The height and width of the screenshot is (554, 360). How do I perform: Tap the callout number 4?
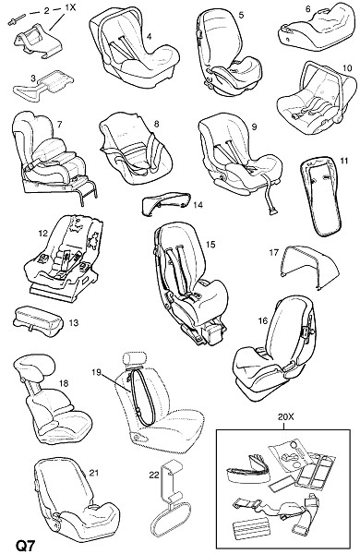tap(149, 36)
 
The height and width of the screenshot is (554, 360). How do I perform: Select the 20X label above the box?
tap(285, 417)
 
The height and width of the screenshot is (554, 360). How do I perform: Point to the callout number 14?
tap(198, 205)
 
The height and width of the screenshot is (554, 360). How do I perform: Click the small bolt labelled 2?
tap(17, 18)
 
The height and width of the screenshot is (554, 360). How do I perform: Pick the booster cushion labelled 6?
tap(316, 29)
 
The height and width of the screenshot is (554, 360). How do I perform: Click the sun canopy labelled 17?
tap(310, 267)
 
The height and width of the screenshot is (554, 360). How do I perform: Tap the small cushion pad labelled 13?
tap(38, 320)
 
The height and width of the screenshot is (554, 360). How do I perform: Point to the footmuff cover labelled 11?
tap(321, 195)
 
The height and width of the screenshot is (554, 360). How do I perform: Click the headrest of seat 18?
tap(34, 366)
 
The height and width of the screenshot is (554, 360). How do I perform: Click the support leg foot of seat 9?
tap(274, 211)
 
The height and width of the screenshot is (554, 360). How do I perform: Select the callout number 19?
tap(96, 372)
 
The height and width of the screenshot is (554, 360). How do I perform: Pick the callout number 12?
tap(42, 234)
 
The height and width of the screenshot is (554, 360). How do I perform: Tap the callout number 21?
tap(94, 473)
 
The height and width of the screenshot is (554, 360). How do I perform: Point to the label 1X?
tap(70, 7)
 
